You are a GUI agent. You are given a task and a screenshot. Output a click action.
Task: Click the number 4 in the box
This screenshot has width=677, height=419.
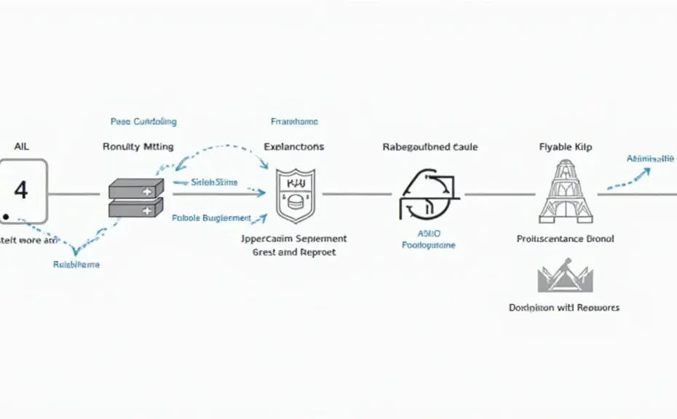coord(21,191)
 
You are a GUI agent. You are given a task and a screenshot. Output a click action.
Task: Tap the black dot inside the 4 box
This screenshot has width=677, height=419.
coord(6,216)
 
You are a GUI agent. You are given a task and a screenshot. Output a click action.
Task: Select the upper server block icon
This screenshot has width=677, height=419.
coord(135,190)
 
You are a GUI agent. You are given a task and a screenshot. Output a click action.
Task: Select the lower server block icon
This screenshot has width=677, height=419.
coord(135,209)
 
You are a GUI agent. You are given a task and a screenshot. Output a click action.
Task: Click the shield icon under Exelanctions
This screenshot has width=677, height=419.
coord(295,195)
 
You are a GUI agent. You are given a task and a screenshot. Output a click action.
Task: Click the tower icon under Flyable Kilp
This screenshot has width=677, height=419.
coord(566,193)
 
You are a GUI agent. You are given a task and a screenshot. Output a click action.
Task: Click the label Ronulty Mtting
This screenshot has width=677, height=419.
coord(138,147)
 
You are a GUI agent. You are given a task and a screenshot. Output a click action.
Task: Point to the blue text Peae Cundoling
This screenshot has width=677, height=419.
coord(143,121)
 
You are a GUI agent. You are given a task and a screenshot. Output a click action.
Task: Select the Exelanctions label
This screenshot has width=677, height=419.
coord(294,147)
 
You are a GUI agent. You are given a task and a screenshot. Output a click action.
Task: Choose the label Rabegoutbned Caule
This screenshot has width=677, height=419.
coord(429,147)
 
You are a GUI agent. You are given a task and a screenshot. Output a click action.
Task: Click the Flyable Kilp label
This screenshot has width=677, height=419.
coord(566,147)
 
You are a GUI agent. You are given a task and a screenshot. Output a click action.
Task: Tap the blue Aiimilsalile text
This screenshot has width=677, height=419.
coord(650,158)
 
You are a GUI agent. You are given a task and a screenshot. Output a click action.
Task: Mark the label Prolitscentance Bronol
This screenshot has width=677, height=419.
coord(566,239)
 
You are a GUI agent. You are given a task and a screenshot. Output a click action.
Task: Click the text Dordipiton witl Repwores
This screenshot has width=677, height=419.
coord(564,308)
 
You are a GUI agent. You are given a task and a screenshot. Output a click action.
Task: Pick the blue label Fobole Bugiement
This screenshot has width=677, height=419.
coord(211,218)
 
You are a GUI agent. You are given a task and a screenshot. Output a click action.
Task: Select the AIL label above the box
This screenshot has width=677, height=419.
coord(21,146)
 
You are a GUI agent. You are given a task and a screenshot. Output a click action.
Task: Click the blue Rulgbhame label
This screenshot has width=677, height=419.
coord(76,265)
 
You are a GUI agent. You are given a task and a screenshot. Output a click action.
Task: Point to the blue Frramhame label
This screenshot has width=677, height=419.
coord(294,121)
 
